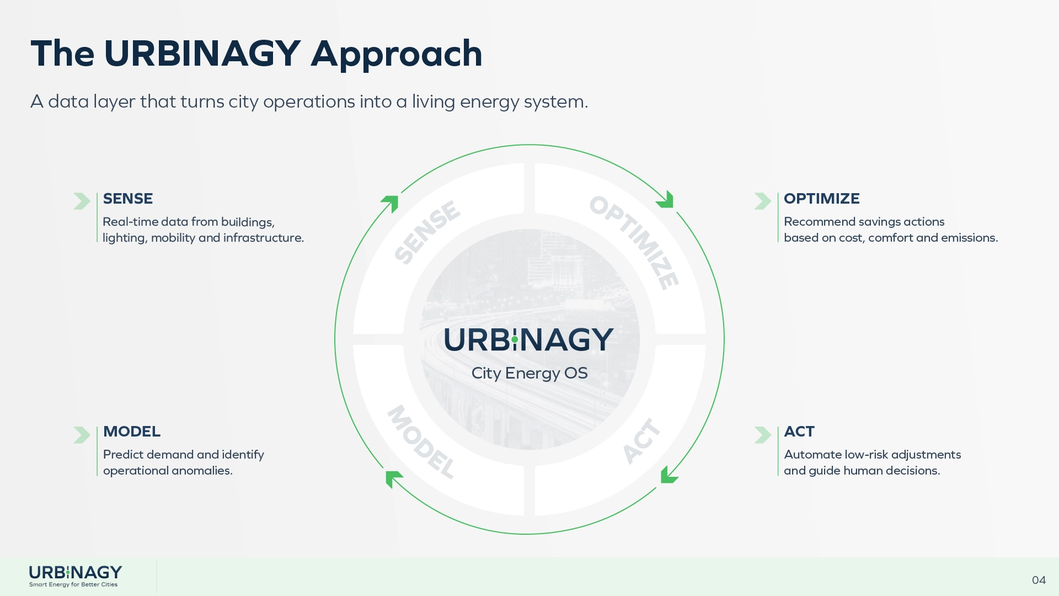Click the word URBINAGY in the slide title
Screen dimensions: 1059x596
pos(202,54)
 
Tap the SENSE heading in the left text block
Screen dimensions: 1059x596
pos(128,199)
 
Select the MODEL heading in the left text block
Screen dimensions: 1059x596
pos(132,432)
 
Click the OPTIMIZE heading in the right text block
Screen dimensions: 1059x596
pos(822,199)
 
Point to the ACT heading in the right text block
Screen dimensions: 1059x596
pos(799,432)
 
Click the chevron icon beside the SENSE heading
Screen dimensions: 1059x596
pos(82,201)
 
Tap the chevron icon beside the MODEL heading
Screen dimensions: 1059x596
pos(82,435)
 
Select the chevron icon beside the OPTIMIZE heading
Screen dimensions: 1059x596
pos(763,201)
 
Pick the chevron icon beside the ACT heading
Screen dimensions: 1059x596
pos(763,435)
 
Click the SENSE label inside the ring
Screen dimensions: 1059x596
pos(427,232)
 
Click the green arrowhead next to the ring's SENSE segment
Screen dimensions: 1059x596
pos(391,203)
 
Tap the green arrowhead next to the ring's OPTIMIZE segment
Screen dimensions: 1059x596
pos(666,200)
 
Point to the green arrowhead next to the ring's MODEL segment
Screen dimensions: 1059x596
pos(393,478)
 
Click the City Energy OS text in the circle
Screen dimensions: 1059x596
pos(529,374)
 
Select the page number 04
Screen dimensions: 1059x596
pos(1039,580)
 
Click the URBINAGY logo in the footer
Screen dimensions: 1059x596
pos(76,576)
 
